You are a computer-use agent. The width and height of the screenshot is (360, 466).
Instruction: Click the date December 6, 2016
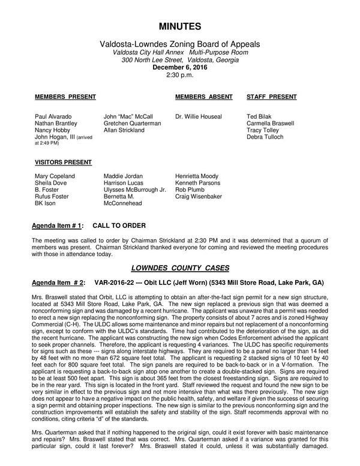click(x=179, y=68)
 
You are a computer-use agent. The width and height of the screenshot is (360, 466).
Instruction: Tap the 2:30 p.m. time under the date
click(x=179, y=75)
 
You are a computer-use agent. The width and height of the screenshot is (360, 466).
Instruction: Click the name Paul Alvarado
click(x=54, y=116)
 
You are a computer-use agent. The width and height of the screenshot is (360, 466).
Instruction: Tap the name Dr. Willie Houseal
click(x=199, y=116)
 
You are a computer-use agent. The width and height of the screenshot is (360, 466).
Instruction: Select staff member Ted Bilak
click(x=260, y=116)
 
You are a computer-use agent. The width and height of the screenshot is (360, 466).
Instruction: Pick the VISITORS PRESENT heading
click(x=63, y=162)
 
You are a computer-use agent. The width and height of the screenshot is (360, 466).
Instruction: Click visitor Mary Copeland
click(x=55, y=176)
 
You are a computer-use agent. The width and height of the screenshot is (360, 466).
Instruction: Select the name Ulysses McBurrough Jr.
click(x=134, y=190)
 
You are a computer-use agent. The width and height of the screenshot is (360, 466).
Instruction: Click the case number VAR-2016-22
click(x=116, y=281)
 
